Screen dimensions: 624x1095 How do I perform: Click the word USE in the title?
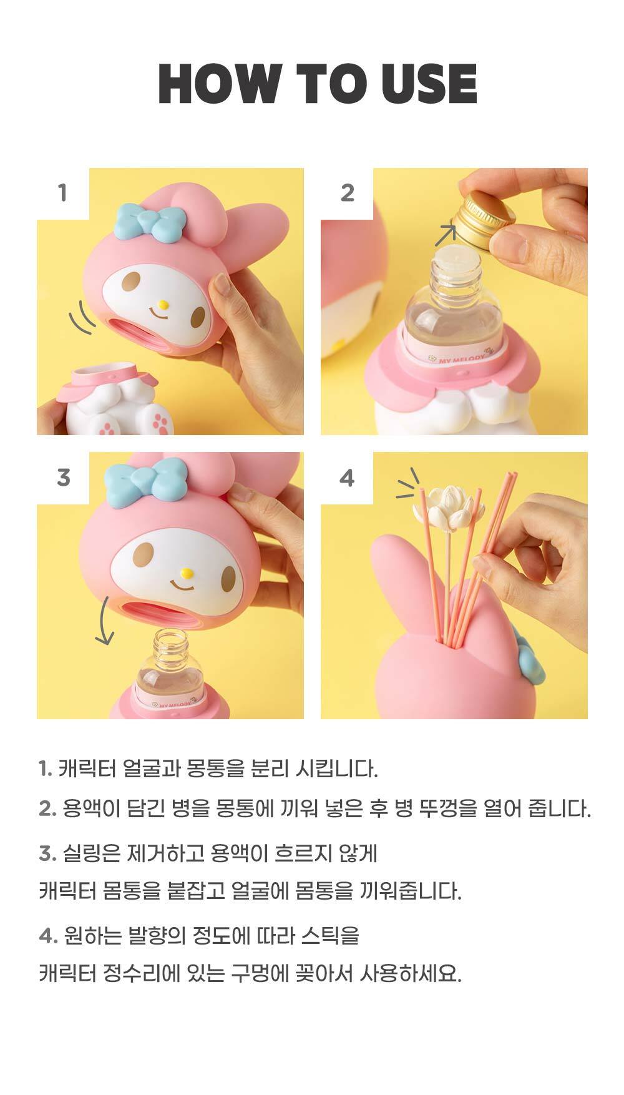[x=429, y=83]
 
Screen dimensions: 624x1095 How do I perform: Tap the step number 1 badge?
[x=62, y=193]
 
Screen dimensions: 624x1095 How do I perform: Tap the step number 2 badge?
[x=347, y=193]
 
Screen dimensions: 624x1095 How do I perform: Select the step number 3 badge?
[x=62, y=478]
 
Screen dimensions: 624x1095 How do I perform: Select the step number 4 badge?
[x=347, y=478]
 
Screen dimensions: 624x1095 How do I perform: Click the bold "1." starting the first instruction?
[x=45, y=768]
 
